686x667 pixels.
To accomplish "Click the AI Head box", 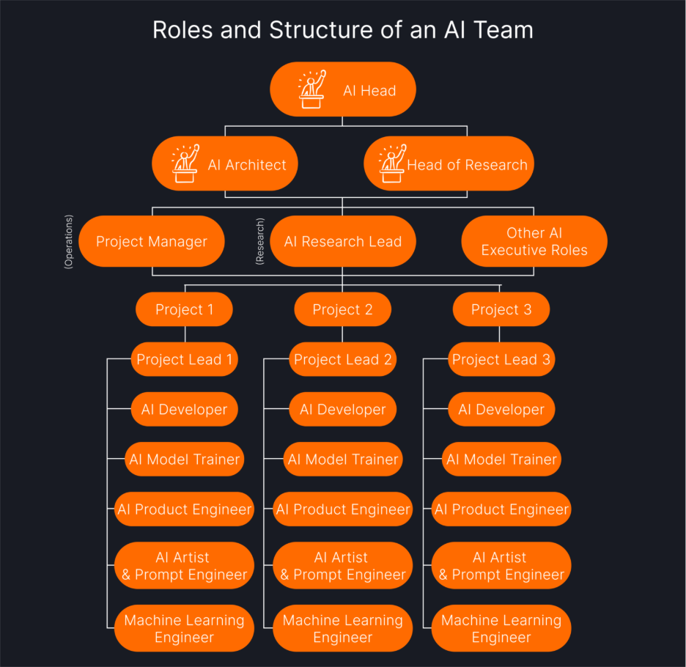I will pyautogui.click(x=343, y=90).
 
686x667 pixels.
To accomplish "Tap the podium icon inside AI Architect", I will pyautogui.click(x=185, y=164).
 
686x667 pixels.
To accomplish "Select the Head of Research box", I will pyautogui.click(x=449, y=164).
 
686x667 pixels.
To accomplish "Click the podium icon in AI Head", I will pyautogui.click(x=311, y=90).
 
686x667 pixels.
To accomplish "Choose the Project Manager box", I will pyautogui.click(x=152, y=241).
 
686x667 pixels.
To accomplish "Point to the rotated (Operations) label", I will pyautogui.click(x=69, y=241).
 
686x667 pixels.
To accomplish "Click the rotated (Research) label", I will pyautogui.click(x=259, y=241).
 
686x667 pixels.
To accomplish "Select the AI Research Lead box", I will pyautogui.click(x=343, y=241).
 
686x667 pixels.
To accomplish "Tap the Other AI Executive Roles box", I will pyautogui.click(x=534, y=241).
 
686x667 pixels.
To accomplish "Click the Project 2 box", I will pyautogui.click(x=342, y=309).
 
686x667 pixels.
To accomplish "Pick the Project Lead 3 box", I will pyautogui.click(x=501, y=359).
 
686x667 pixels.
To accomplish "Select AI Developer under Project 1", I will pyautogui.click(x=184, y=409).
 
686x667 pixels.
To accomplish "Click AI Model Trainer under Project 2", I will pyautogui.click(x=343, y=459).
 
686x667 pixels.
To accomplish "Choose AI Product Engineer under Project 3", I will pyautogui.click(x=501, y=509).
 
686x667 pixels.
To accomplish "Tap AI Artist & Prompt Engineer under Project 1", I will pyautogui.click(x=184, y=566).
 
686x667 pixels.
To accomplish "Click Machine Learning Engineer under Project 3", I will pyautogui.click(x=501, y=628).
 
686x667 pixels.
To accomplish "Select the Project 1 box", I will pyautogui.click(x=184, y=309).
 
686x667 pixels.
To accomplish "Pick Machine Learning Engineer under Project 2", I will pyautogui.click(x=343, y=628).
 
